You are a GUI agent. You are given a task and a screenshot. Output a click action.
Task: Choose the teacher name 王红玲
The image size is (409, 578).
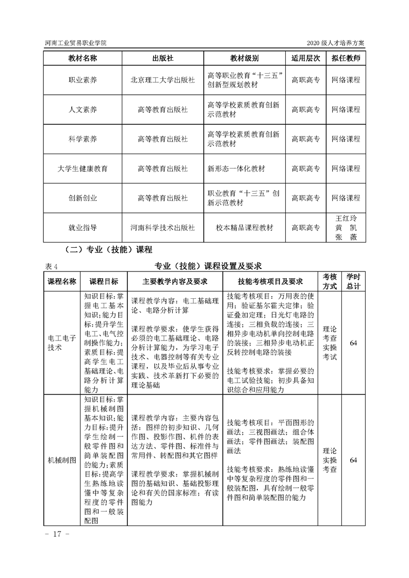pos(346,218)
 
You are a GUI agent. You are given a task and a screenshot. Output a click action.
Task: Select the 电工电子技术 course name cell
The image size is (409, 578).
pos(62,343)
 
